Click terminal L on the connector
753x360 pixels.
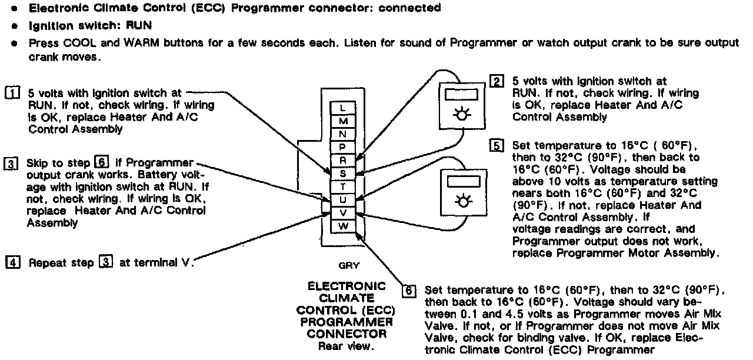click(x=344, y=108)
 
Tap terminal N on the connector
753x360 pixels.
click(x=344, y=134)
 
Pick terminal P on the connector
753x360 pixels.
click(x=344, y=147)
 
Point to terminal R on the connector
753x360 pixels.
click(x=344, y=160)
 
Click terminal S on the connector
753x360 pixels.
click(x=344, y=174)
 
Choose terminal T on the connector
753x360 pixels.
click(x=344, y=186)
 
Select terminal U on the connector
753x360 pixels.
click(x=344, y=199)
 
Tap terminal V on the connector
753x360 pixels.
click(x=344, y=212)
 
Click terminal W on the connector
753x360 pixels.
click(x=344, y=225)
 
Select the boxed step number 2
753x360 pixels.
click(x=497, y=82)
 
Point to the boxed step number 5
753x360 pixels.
click(x=497, y=146)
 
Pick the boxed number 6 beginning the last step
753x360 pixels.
click(x=409, y=291)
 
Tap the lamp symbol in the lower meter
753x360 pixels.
click(x=464, y=201)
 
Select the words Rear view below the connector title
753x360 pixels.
click(x=346, y=346)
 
